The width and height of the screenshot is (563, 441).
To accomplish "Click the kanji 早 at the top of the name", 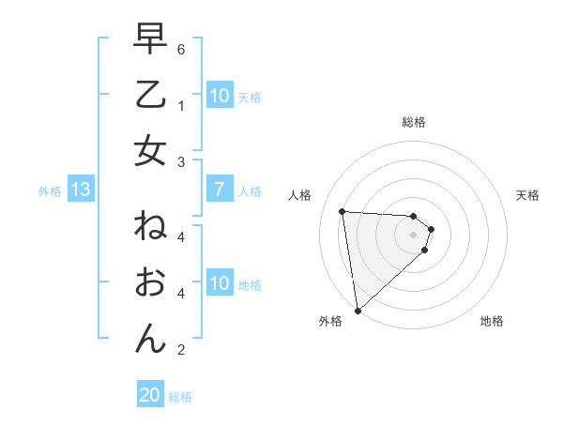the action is (150, 39).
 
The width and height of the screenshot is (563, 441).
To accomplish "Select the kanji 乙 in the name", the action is (150, 95).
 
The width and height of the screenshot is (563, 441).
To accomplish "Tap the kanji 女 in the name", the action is (150, 151).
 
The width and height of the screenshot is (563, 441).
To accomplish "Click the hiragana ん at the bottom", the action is (150, 338).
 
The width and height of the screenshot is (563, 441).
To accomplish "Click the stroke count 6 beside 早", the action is (181, 48).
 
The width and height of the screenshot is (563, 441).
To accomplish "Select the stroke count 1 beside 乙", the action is (181, 105).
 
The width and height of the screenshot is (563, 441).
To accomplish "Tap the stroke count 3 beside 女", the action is (181, 161).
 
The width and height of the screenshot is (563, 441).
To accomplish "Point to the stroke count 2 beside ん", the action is (181, 350).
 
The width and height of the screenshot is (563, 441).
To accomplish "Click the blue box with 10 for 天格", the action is (219, 96).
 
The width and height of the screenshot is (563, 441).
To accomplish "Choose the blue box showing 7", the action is (219, 190).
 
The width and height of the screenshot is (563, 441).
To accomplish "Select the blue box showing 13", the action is (80, 190).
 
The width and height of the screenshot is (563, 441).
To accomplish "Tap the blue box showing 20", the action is (150, 396).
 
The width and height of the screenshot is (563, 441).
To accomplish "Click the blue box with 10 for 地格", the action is (219, 284).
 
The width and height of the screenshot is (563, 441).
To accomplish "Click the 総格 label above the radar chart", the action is (414, 122).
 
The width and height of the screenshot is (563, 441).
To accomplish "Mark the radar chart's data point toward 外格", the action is (358, 310).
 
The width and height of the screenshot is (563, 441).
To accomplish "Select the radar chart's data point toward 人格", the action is (342, 211).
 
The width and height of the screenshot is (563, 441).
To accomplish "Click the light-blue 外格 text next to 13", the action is (50, 191).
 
